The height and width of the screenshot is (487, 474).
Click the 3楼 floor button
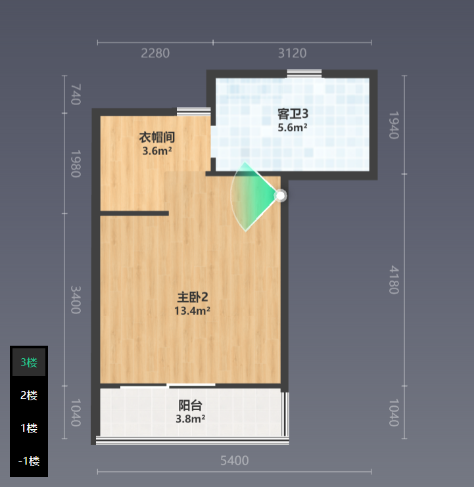[x=29, y=362]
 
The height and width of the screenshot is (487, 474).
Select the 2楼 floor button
[x=29, y=395]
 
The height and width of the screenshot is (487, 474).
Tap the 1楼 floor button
[x=29, y=428]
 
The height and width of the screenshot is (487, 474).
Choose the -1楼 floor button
[x=29, y=461]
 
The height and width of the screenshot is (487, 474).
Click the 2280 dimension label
[x=155, y=53]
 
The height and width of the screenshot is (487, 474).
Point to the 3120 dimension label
[x=293, y=53]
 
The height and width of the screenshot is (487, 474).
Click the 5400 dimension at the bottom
[x=235, y=461]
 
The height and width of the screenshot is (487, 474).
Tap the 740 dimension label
[x=76, y=95]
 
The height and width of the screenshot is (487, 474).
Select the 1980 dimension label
[x=76, y=164]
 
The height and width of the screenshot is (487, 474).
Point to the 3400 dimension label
[x=76, y=300]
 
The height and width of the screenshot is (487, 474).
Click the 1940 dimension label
[x=394, y=125]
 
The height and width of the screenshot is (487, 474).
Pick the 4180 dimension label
[x=394, y=280]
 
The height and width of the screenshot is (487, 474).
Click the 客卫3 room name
[x=293, y=114]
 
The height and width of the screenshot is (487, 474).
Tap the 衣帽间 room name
[x=157, y=137]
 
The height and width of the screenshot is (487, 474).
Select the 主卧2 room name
[x=193, y=297]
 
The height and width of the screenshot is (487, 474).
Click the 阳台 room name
[x=191, y=406]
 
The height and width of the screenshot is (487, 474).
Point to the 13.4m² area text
[x=192, y=311]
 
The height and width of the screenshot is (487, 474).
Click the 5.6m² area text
[x=293, y=128]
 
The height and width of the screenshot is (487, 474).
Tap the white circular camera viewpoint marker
[x=281, y=196]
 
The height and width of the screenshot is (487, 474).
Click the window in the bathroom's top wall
[x=304, y=74]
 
